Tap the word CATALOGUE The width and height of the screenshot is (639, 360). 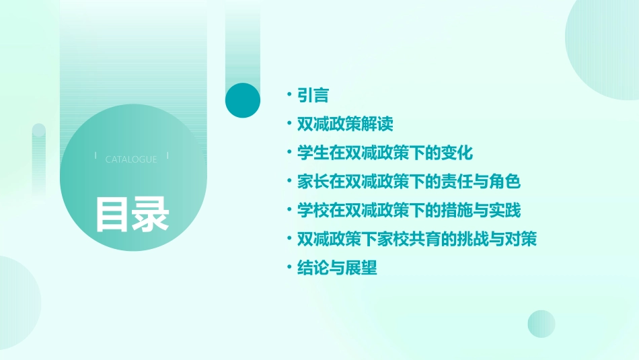[x=131, y=159]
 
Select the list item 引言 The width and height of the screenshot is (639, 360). [x=313, y=96]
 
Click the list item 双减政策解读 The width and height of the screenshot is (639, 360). [x=345, y=124]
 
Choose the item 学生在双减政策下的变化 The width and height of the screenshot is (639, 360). [x=385, y=153]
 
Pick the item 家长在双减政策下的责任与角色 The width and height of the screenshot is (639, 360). [x=409, y=182]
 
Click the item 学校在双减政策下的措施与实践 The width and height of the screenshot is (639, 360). [x=409, y=211]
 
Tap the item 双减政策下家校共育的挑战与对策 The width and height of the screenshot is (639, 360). [x=417, y=239]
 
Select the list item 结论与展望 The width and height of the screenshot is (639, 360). [x=337, y=268]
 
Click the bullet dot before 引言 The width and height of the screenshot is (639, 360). [x=289, y=96]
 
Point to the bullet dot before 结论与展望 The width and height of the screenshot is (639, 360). [x=289, y=268]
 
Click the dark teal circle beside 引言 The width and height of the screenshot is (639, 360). [x=242, y=100]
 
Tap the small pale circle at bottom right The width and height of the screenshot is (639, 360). [x=541, y=324]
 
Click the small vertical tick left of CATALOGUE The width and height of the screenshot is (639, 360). [x=96, y=155]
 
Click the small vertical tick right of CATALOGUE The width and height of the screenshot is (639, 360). [x=167, y=155]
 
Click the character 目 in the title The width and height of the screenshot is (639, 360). [x=112, y=215]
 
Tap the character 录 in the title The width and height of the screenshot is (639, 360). [x=151, y=215]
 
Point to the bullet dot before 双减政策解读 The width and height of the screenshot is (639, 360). [x=289, y=124]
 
